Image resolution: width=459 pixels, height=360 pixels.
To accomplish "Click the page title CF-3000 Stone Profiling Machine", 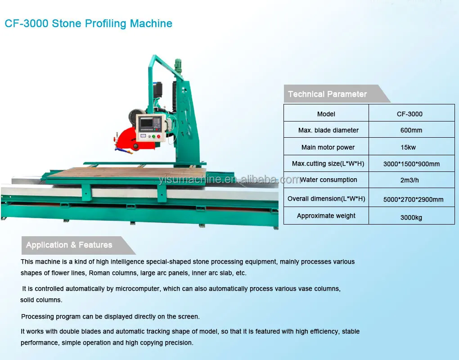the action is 88,23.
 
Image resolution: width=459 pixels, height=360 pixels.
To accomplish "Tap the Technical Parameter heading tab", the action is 328,94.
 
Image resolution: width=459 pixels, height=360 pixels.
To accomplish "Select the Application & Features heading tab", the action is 69,245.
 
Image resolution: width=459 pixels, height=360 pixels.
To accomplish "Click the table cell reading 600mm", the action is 411,130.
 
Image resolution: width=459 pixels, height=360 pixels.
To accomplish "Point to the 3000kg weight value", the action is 411,218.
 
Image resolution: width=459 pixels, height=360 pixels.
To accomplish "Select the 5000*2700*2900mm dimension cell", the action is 413,199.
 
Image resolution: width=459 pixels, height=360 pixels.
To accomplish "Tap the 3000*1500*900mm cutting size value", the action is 411,164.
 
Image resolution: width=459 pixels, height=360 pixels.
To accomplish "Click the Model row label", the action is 326,114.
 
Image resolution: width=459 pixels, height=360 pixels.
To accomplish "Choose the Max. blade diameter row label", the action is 328,130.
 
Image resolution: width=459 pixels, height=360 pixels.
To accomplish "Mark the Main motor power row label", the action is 328,147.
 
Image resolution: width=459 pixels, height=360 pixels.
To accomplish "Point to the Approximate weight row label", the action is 326,216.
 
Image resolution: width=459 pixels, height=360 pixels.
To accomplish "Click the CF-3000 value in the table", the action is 409,114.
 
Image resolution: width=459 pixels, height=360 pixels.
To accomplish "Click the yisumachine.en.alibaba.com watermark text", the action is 229,180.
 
